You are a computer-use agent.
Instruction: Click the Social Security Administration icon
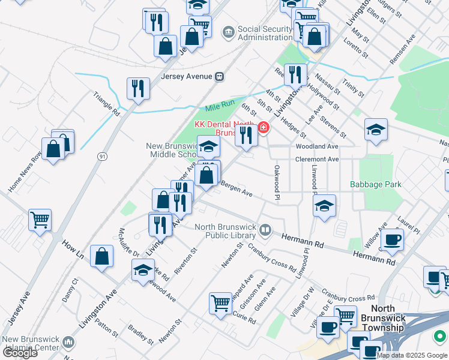[x=228, y=32]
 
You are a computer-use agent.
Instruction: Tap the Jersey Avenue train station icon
[x=220, y=76]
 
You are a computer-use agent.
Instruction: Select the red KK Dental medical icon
[x=263, y=128]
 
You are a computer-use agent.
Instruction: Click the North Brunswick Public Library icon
[x=265, y=229]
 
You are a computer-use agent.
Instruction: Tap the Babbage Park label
[x=376, y=185]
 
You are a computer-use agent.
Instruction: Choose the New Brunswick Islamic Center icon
[x=68, y=343]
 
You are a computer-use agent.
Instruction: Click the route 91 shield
[x=103, y=156]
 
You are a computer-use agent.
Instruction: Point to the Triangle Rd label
[x=107, y=103]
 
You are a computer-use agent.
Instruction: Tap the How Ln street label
[x=73, y=251]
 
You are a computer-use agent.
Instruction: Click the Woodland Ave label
[x=317, y=146]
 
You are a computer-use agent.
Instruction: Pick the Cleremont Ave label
[x=317, y=159]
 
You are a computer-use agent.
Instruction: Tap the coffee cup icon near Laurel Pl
[x=392, y=240]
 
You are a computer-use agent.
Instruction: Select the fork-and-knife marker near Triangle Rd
[x=139, y=89]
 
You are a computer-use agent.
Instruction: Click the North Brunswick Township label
[x=384, y=323]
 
